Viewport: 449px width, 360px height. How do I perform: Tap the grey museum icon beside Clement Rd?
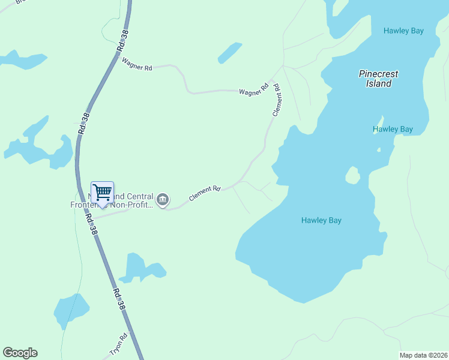(162, 199)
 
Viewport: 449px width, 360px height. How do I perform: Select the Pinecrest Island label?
(378, 79)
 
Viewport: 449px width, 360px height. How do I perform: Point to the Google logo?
(20, 353)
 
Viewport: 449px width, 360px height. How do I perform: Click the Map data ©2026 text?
(423, 355)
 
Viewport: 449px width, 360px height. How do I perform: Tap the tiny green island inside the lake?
(352, 175)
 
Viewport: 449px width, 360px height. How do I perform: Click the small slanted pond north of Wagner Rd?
(229, 53)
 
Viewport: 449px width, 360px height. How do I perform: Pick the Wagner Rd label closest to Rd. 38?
(137, 64)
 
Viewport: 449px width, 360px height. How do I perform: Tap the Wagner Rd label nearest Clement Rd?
(253, 91)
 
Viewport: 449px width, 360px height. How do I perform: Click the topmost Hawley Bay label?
(404, 31)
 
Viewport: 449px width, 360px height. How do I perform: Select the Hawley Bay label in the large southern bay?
(321, 220)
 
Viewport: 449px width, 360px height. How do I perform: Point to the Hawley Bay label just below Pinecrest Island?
(393, 129)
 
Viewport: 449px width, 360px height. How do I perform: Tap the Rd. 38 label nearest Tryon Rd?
(119, 298)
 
